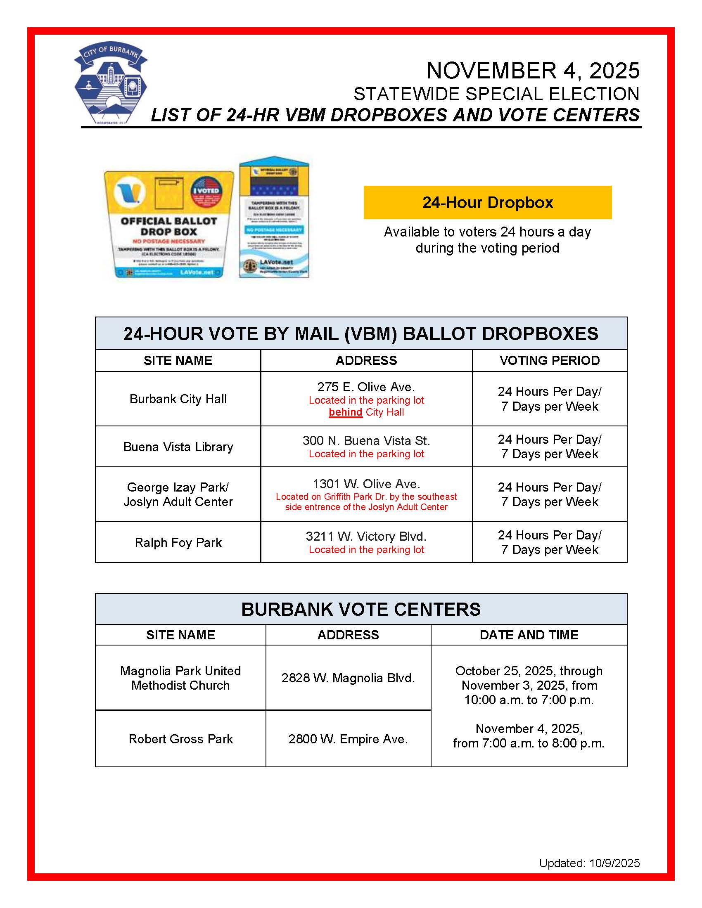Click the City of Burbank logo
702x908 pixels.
(x=111, y=83)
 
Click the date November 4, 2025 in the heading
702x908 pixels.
(x=533, y=71)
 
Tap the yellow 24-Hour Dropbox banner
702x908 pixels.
(x=487, y=203)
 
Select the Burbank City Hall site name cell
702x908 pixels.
(x=178, y=399)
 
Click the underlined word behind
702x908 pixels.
(x=345, y=412)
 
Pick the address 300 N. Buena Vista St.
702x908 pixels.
(x=366, y=441)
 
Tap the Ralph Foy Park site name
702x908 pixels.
(x=178, y=543)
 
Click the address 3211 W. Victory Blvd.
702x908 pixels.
(x=366, y=536)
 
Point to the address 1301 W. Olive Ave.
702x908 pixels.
(x=366, y=484)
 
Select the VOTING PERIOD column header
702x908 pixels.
(x=549, y=360)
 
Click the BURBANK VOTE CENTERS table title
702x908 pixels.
(x=361, y=610)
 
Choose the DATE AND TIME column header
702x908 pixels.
(x=529, y=635)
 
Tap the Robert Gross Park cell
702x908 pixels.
(x=180, y=739)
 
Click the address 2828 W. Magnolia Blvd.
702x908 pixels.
(x=348, y=678)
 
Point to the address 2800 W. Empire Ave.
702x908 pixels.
(x=348, y=739)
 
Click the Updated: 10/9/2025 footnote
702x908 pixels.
(x=589, y=863)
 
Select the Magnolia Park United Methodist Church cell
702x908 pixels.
(x=180, y=678)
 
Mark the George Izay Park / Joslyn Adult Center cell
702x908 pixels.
(x=178, y=494)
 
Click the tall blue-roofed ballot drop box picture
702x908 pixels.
(x=274, y=217)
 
